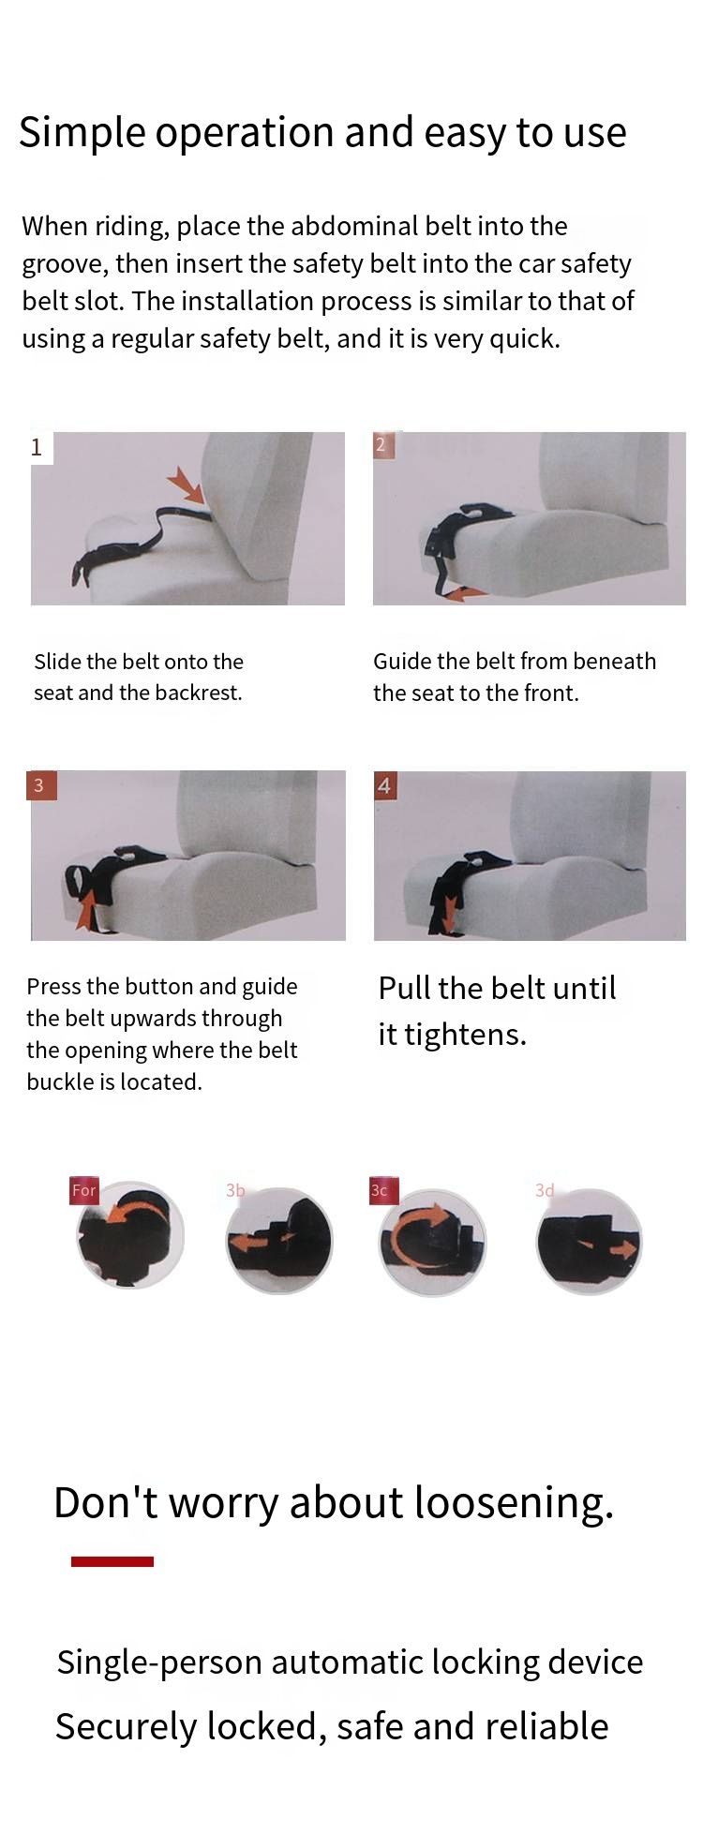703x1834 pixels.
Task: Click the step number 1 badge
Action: (x=37, y=447)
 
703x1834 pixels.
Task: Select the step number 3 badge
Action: (x=40, y=785)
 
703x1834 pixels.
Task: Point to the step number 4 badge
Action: (x=384, y=785)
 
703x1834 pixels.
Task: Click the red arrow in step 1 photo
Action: (x=187, y=484)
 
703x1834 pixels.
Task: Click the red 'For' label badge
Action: (x=84, y=1190)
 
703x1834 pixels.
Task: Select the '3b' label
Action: (x=235, y=1190)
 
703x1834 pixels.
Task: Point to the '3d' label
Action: (x=545, y=1190)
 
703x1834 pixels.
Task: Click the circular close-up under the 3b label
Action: (x=279, y=1241)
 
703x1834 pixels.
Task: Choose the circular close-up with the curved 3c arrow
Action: (x=432, y=1243)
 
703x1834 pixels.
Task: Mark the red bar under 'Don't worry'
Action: (x=112, y=1561)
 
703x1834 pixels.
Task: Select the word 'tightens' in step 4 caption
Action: (x=465, y=1034)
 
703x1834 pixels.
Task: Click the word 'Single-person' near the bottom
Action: (x=158, y=1663)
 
